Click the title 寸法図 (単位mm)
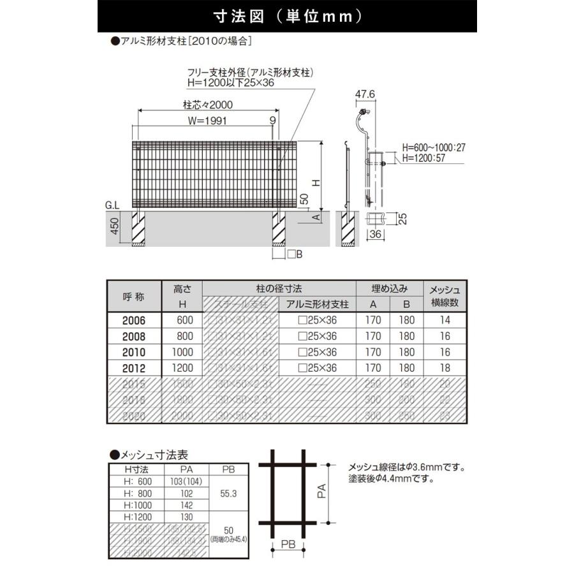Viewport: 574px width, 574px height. tap(286, 15)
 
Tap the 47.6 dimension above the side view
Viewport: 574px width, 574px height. tap(364, 94)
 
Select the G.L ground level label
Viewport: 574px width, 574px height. tap(113, 205)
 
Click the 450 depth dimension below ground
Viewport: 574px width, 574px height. tap(115, 226)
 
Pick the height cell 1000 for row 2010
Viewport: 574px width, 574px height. tap(182, 352)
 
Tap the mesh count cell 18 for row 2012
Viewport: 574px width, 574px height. tap(445, 368)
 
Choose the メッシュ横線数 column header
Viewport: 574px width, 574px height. tap(445, 296)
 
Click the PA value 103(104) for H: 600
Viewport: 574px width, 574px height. tap(186, 482)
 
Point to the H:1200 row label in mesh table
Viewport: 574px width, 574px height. tap(135, 517)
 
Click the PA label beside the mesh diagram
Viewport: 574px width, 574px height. tap(322, 490)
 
